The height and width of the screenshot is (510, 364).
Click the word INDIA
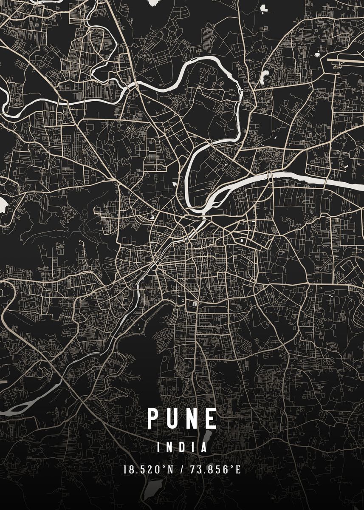[x=182, y=448]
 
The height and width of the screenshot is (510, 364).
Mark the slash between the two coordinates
[x=182, y=470]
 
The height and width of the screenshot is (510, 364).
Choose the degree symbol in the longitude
[x=232, y=467]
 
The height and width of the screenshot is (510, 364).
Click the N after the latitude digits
[x=170, y=470]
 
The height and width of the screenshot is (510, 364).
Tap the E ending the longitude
[x=238, y=470]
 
